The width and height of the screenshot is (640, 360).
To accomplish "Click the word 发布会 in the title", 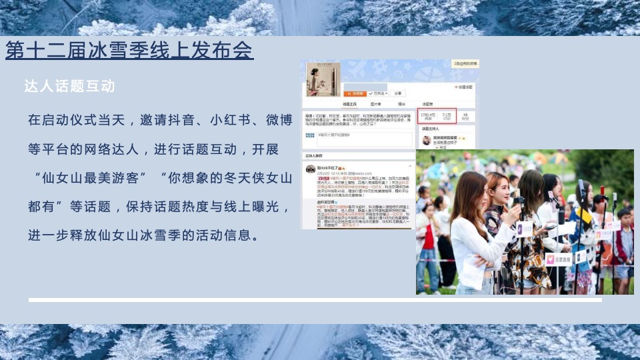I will coord(223,50).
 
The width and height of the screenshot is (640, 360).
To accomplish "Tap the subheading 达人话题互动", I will coord(70,87).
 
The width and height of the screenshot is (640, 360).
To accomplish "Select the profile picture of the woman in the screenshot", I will coord(323,79).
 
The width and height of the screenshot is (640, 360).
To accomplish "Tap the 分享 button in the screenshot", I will coord(398,94).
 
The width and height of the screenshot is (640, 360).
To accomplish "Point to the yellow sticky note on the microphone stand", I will coord(585,216).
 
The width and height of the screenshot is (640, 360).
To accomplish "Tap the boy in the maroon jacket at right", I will coord(623,240).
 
